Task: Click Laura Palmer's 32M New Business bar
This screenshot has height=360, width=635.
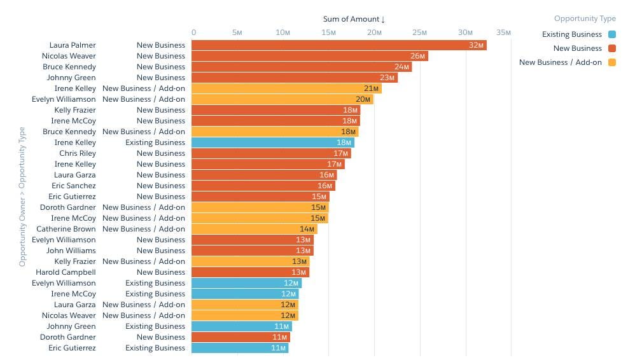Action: pos(339,45)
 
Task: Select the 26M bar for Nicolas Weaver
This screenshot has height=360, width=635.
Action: pos(310,56)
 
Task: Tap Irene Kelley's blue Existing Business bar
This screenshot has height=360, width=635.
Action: pos(273,142)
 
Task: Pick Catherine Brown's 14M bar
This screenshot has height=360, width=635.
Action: pos(255,229)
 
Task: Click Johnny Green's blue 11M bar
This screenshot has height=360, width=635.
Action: pos(242,326)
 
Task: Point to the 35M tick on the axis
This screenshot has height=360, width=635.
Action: pos(503,32)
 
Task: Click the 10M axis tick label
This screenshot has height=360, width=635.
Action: pos(283,32)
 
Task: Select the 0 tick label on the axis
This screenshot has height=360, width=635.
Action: pos(193,32)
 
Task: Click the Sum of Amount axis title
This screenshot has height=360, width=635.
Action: pos(351,19)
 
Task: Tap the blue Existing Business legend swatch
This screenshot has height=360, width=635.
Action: pos(612,34)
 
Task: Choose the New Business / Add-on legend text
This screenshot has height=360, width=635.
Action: pos(561,62)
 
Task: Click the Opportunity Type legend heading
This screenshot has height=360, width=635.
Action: pos(585,18)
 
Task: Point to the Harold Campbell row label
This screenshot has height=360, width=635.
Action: pos(66,272)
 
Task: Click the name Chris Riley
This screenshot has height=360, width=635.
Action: pos(78,153)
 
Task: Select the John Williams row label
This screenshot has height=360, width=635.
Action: pos(71,251)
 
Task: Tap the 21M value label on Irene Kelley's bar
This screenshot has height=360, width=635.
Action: pos(371,88)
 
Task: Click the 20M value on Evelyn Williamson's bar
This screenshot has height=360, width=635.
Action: pos(363,99)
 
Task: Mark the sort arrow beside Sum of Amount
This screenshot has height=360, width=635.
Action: pos(383,20)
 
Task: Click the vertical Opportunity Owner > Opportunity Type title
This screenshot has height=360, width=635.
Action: pos(22,197)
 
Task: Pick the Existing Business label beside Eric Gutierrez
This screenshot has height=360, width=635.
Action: pos(155,348)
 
